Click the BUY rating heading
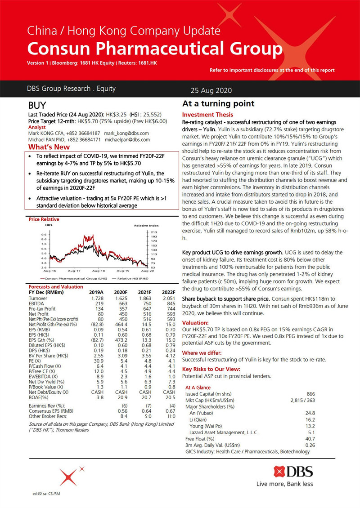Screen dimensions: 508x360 [37, 106]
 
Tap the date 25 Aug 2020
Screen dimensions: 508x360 [211, 90]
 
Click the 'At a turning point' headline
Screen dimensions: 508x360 [218, 104]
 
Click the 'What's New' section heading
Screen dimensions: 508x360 [49, 147]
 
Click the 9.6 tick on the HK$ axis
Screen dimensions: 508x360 [44, 235]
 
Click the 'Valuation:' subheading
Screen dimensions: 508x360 [195, 322]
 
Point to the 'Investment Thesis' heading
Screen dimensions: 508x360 [207, 115]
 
